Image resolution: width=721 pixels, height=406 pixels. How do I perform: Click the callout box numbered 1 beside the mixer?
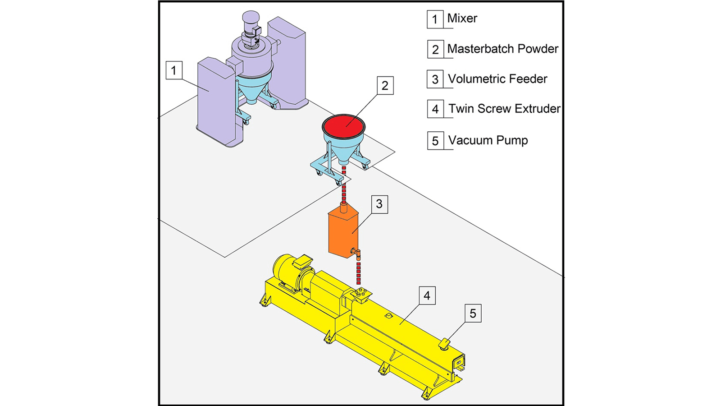[174, 70]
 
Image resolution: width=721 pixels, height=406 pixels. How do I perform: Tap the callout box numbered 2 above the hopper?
[385, 86]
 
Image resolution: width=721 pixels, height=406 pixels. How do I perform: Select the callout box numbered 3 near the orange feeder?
[379, 204]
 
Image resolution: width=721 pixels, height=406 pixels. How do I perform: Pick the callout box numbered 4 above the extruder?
[427, 295]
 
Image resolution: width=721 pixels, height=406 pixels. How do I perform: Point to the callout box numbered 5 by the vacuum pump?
[473, 314]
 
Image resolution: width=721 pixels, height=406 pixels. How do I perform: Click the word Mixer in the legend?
[462, 18]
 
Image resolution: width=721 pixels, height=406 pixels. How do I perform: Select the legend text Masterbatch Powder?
[502, 49]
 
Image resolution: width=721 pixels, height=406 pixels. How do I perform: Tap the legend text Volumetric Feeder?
[497, 79]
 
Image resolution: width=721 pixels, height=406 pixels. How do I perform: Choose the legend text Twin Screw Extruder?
[504, 109]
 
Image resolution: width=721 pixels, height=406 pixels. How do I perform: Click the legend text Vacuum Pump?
[488, 140]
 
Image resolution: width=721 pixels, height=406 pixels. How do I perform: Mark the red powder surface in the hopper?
[343, 124]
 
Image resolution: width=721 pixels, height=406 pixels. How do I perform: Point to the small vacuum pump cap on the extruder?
[444, 344]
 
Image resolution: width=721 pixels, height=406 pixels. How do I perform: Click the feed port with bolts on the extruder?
[361, 295]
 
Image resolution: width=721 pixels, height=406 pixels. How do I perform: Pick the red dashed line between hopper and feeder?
[344, 185]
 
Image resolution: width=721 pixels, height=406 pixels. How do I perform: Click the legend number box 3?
[435, 79]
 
